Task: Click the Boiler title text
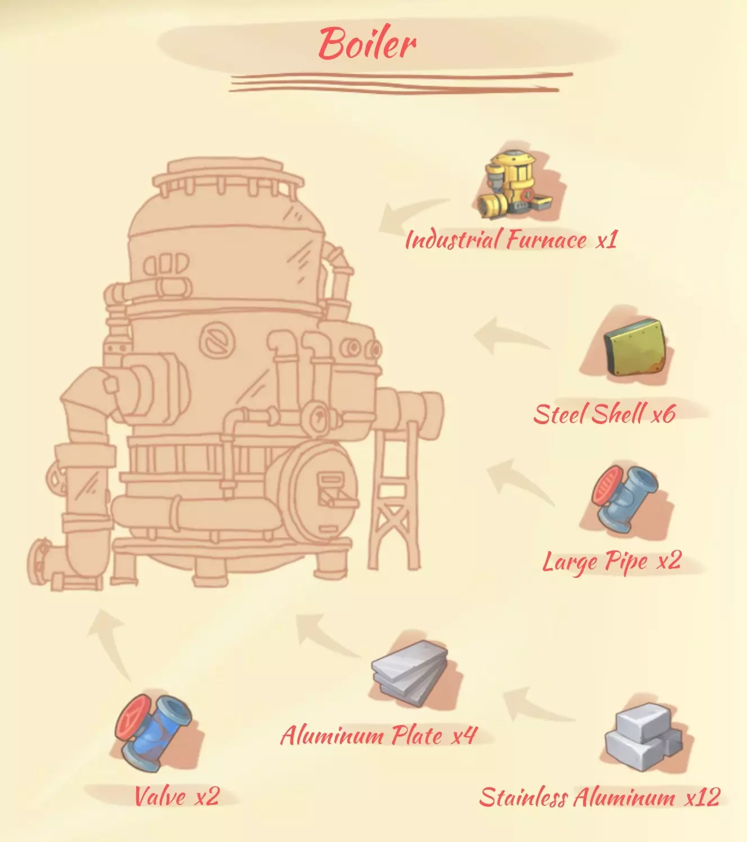point(367,44)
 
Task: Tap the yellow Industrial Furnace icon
point(514,185)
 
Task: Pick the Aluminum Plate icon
point(410,672)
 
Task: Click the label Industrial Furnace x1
point(511,240)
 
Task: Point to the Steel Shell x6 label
point(603,415)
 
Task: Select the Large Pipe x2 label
point(612,562)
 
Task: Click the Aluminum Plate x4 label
point(378,736)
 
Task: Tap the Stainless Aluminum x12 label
point(600,798)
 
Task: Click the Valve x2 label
point(176,796)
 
